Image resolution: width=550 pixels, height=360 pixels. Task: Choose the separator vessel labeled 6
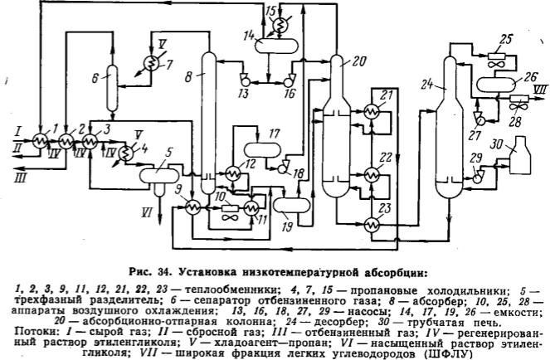pyautogui.click(x=113, y=83)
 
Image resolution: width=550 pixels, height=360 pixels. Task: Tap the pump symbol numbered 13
pyautogui.click(x=242, y=80)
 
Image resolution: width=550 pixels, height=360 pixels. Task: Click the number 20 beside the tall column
pyautogui.click(x=358, y=61)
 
